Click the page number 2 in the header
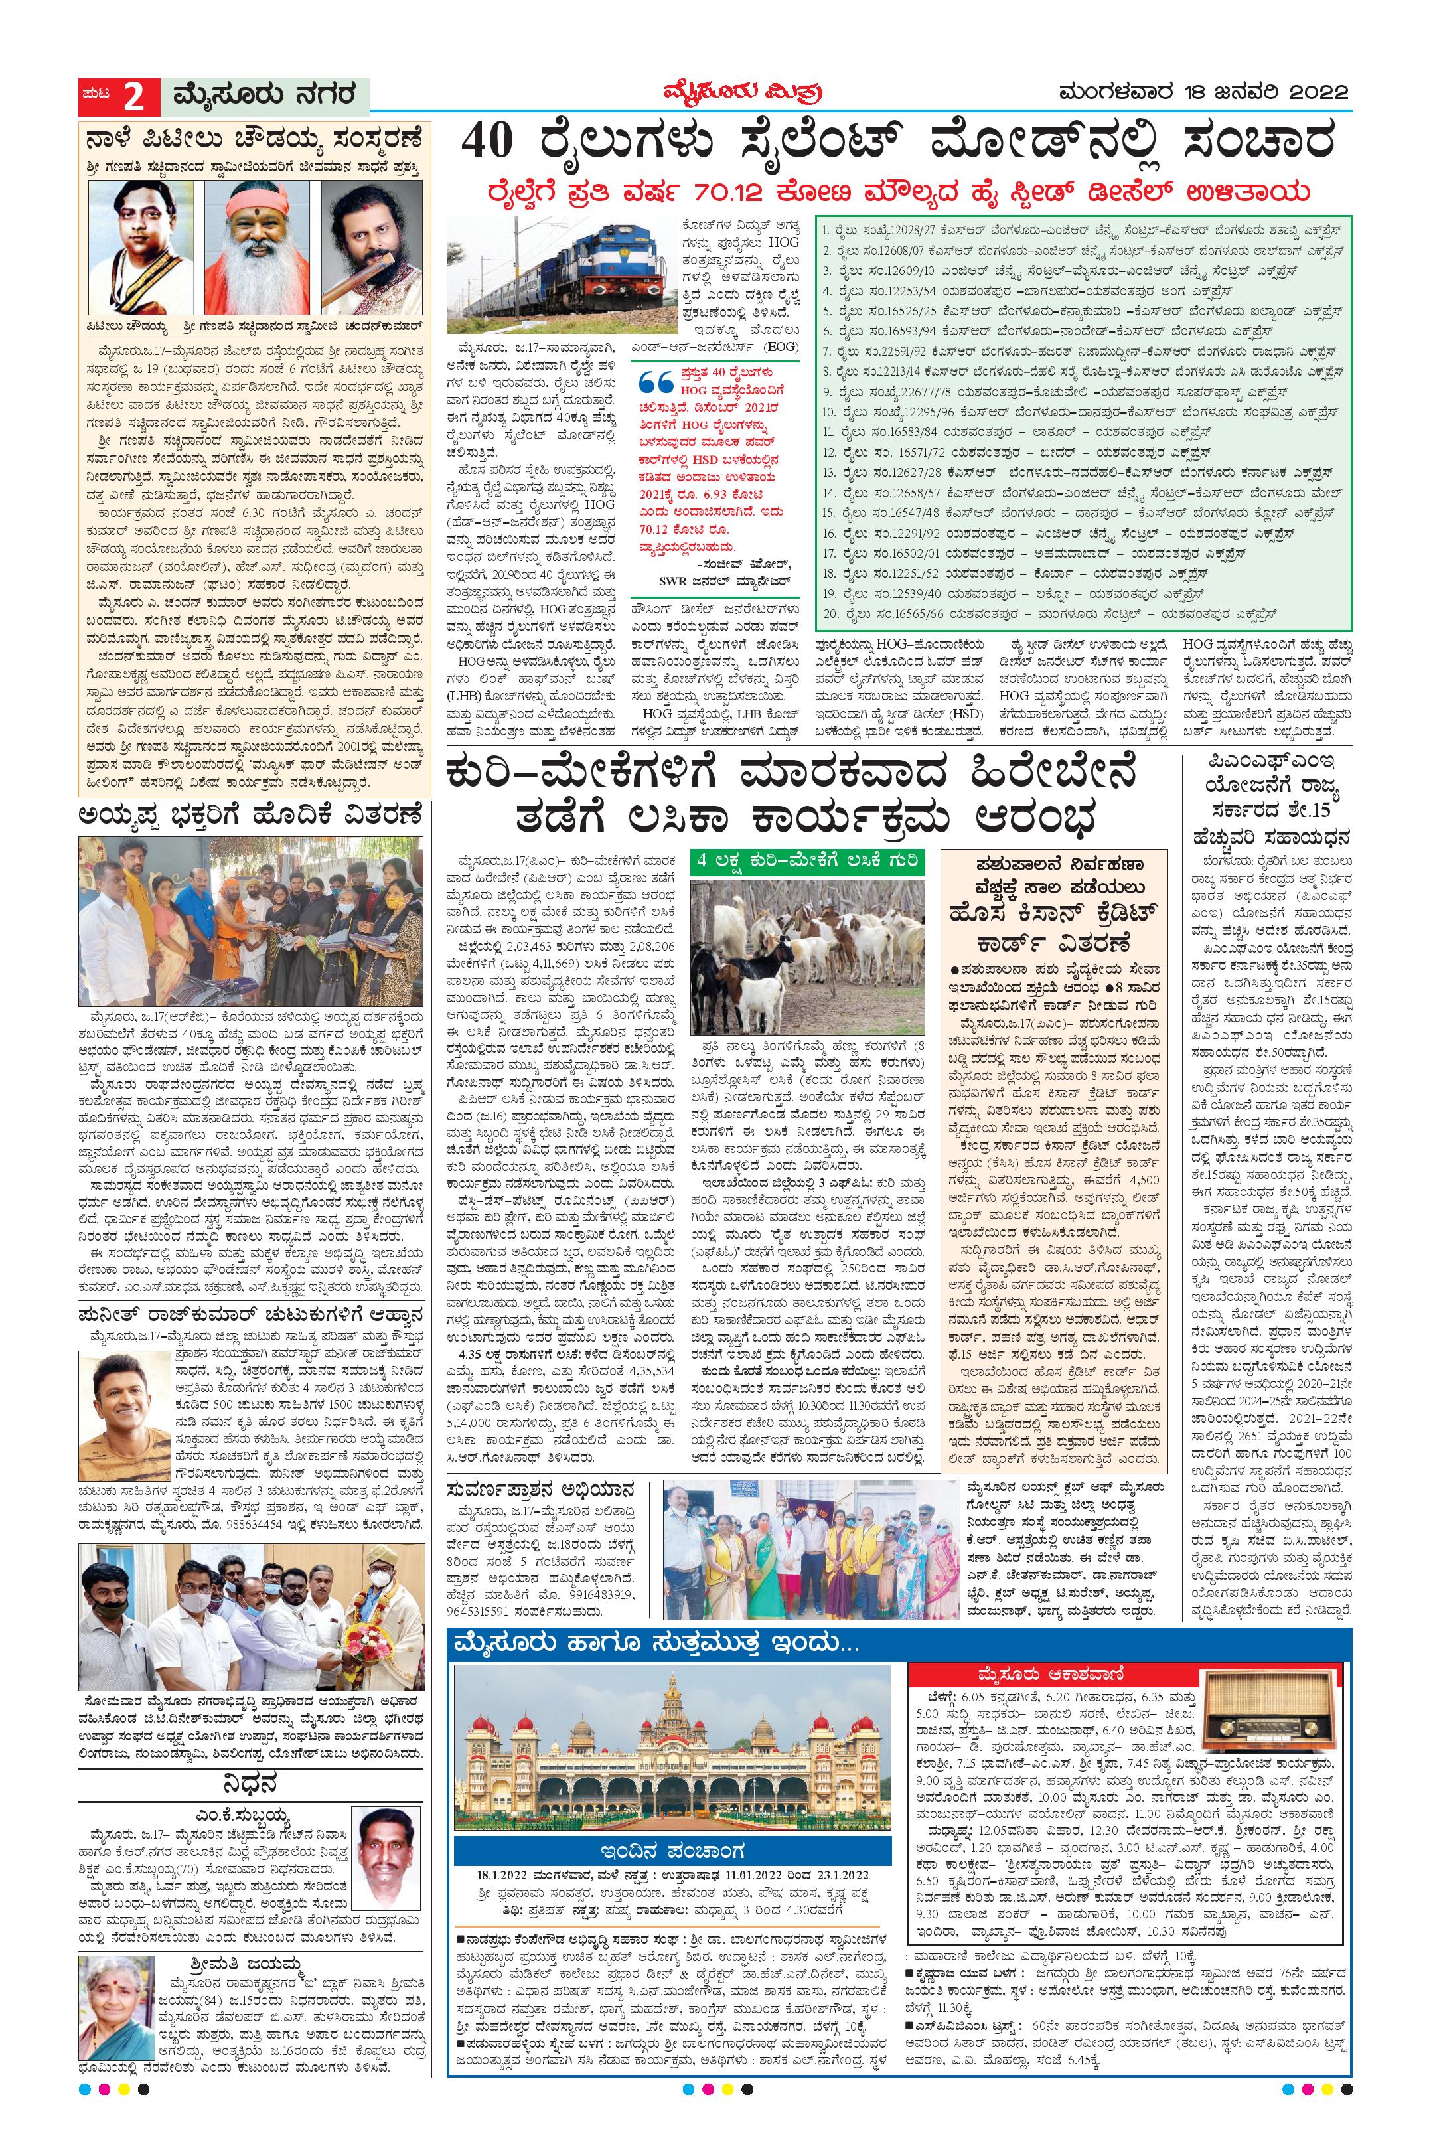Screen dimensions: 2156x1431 pos(134,95)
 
